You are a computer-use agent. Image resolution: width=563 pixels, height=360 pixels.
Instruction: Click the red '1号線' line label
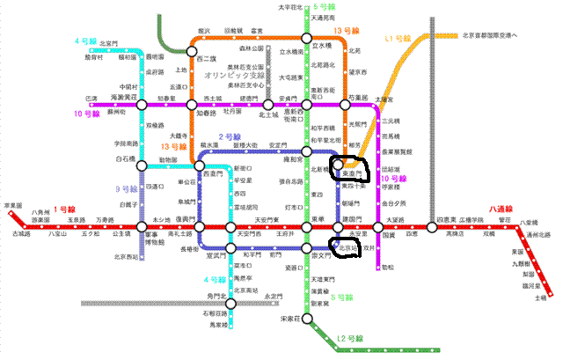(64, 209)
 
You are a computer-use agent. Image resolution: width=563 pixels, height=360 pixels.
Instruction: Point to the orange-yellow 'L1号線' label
(398, 40)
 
